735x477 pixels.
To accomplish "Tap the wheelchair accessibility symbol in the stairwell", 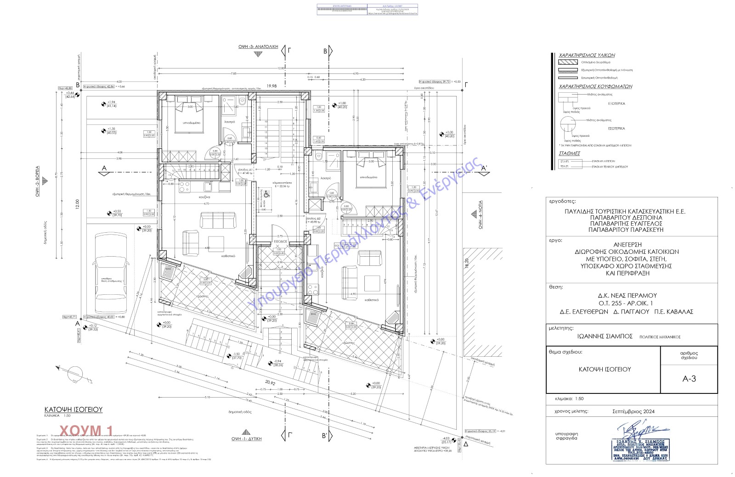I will coord(266,194).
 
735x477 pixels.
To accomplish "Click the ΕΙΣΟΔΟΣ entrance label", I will coord(280,241).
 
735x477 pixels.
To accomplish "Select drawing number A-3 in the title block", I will coord(689,379).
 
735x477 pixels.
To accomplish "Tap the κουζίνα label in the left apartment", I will coord(205,197).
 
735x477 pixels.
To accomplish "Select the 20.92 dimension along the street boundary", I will coord(270,383).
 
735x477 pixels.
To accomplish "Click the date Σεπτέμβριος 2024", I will coord(633,411).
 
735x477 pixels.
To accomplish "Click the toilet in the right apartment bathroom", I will coord(319,155).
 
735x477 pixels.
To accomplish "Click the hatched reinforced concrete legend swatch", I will coord(568,62).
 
